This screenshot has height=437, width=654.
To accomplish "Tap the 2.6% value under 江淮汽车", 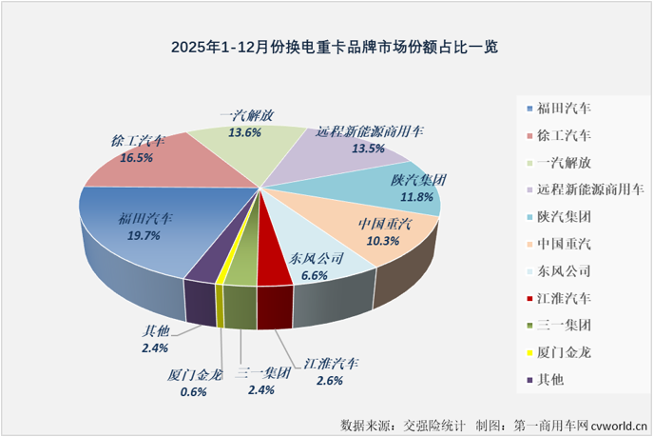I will (x=332, y=381).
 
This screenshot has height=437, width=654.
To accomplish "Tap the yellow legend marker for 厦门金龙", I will (x=529, y=352).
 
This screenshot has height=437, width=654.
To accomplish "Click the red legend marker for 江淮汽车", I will (x=529, y=298).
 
